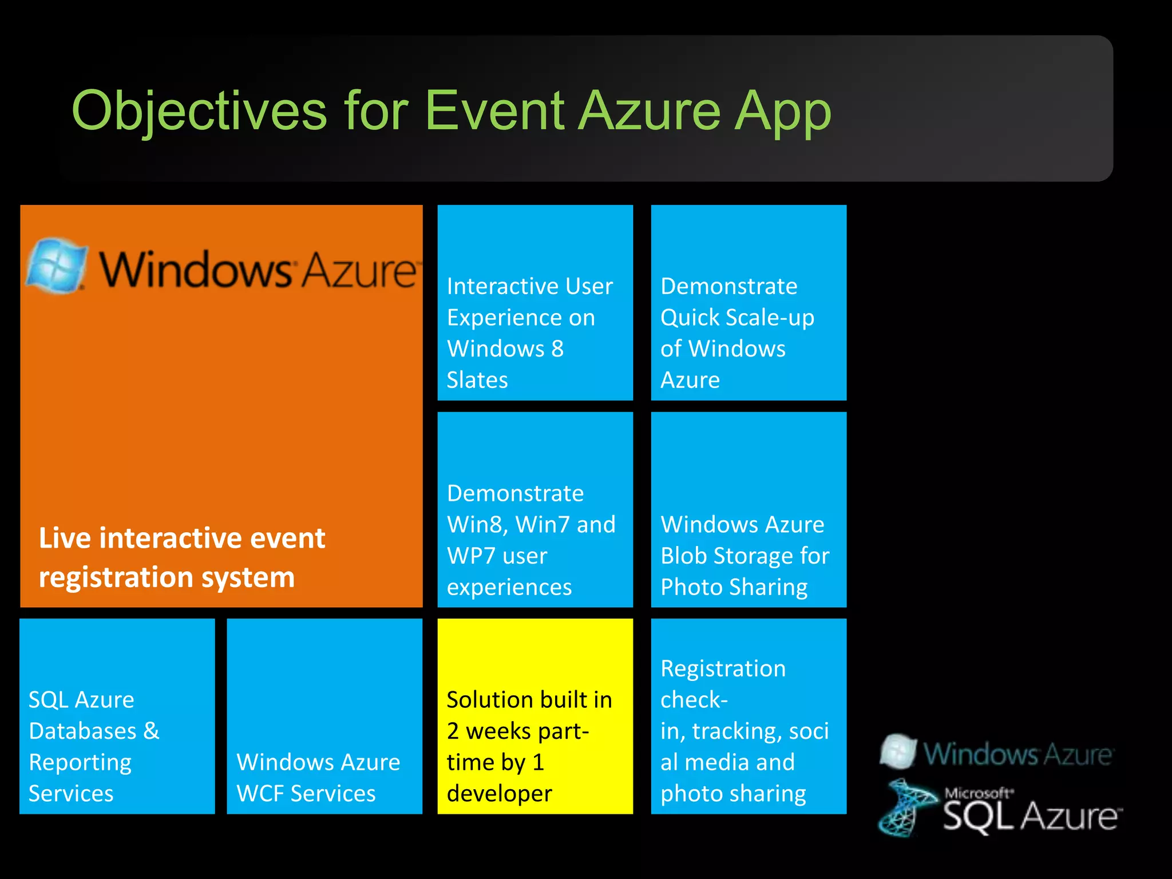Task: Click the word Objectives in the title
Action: [199, 112]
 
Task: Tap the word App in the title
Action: [782, 112]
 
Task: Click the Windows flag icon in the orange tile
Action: [56, 265]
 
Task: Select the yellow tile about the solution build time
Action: [535, 716]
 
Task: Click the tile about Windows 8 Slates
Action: [535, 303]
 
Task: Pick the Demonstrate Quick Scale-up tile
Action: [749, 303]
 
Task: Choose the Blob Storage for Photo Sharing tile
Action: [749, 509]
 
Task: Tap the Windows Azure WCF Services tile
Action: [324, 716]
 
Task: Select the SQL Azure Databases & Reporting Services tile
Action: [117, 716]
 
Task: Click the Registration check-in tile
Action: [749, 716]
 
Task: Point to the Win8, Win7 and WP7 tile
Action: [535, 509]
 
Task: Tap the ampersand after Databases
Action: [152, 731]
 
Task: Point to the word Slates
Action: [477, 381]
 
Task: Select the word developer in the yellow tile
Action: [499, 794]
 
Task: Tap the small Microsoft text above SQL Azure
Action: [978, 793]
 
